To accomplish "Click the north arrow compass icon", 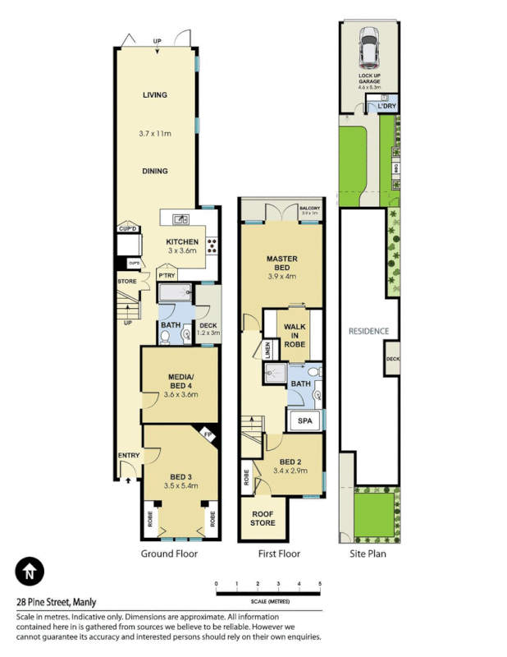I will tap(30, 572).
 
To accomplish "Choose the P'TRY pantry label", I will tap(167, 276).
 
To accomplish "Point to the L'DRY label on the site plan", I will tap(387, 106).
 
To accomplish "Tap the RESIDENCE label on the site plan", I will tap(368, 331).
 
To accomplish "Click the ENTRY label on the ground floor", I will tap(129, 455).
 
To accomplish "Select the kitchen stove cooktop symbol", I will tap(211, 244).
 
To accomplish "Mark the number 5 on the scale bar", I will tap(320, 584).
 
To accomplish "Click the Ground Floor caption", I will tap(168, 554).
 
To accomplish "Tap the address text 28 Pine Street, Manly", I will tap(56, 600).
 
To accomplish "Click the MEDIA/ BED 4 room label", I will tap(180, 380).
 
